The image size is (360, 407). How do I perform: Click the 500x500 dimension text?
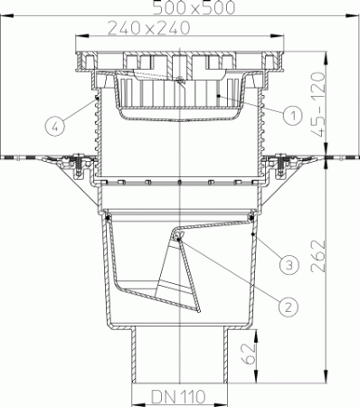pyautogui.click(x=181, y=8)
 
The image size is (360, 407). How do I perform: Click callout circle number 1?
pyautogui.click(x=291, y=115)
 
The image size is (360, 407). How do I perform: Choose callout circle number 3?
pyautogui.click(x=287, y=264)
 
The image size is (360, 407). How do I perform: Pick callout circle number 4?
pyautogui.click(x=57, y=126)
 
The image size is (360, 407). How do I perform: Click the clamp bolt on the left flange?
pyautogui.click(x=81, y=164)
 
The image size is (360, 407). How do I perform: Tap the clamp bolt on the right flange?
pyautogui.click(x=280, y=164)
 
